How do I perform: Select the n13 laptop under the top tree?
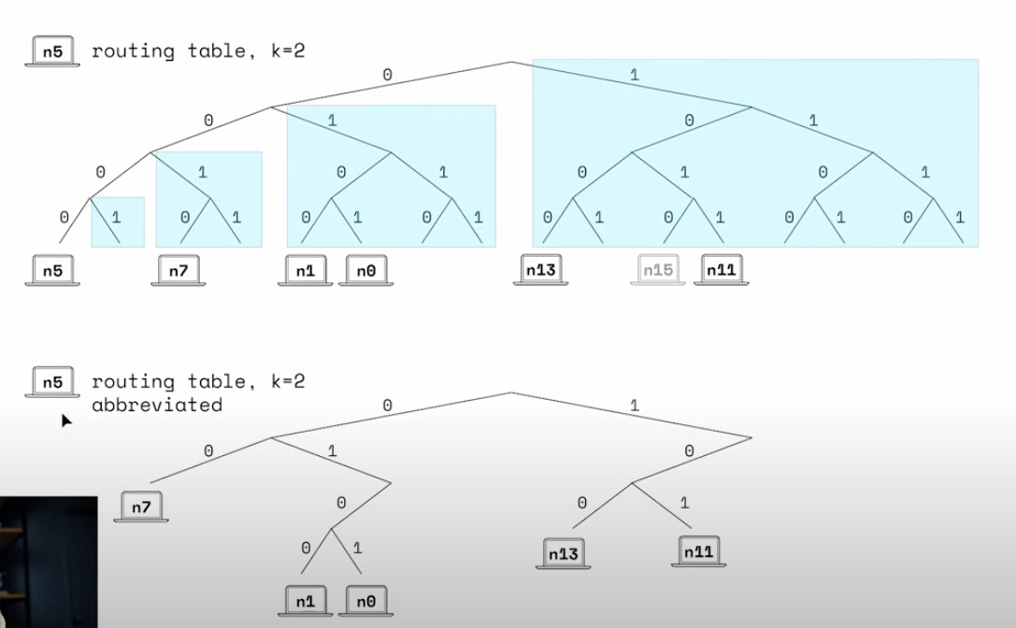540,271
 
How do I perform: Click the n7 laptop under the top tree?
177,271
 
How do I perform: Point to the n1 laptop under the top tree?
304,271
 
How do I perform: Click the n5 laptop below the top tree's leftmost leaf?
52,271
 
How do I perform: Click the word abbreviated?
156,405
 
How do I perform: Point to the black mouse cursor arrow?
66,421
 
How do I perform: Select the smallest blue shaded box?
118,221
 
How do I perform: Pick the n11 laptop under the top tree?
720,271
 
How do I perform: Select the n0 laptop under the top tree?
365,271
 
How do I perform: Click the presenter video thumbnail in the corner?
48,562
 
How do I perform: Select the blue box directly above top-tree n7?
208,198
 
